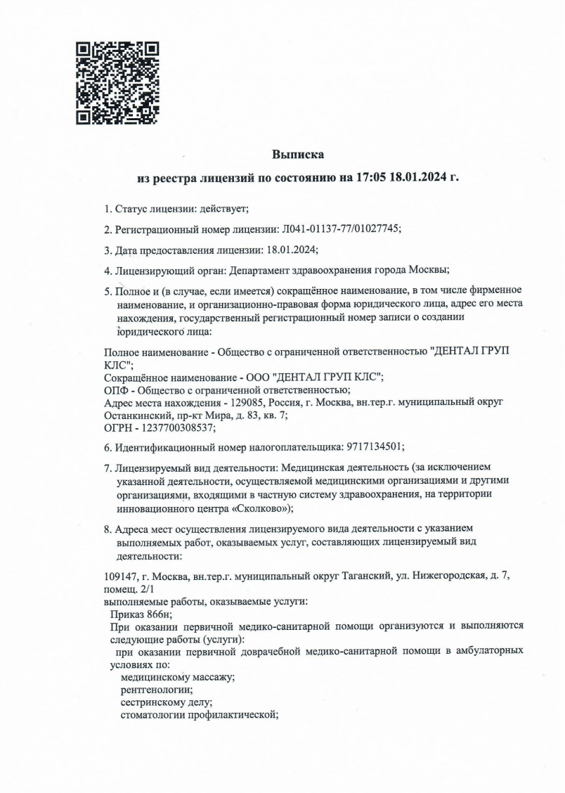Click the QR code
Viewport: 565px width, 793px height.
(117, 83)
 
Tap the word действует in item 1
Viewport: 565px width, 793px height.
(223, 209)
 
